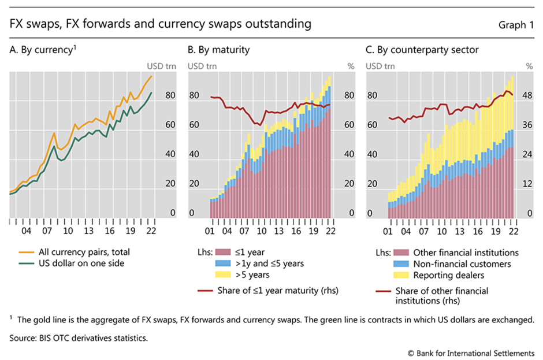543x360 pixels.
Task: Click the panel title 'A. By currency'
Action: [x=40, y=50]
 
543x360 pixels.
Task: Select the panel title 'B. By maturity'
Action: [x=219, y=50]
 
